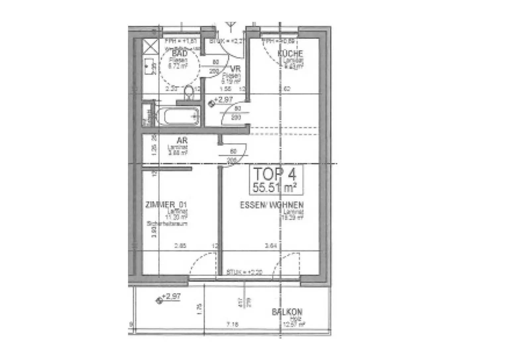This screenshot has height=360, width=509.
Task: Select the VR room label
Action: [236, 69]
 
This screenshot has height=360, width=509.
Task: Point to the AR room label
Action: [182, 140]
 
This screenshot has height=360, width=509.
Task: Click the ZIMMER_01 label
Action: [166, 205]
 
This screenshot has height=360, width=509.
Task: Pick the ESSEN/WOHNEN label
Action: [272, 205]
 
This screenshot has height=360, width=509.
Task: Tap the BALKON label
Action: [287, 312]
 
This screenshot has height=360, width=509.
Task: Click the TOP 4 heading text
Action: [275, 174]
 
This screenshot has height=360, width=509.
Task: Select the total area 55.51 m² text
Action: [274, 188]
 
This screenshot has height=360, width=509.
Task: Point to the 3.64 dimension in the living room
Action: [271, 246]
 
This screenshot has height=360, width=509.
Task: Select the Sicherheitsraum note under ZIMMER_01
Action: [167, 224]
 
